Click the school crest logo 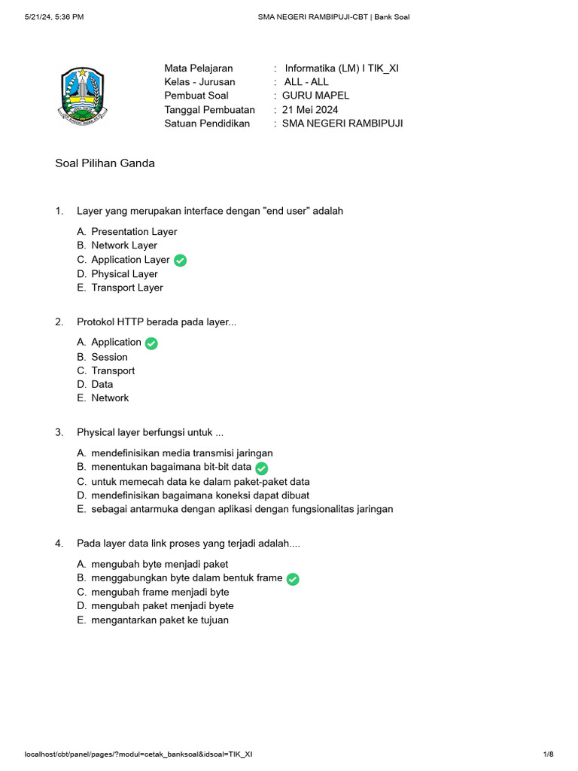coord(83,96)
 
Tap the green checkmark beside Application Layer coord(180,261)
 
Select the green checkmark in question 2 coord(151,343)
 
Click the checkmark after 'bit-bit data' coord(262,468)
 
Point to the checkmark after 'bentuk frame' coord(293,579)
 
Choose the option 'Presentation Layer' coord(134,232)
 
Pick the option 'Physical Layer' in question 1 coord(124,274)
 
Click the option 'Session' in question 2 coord(109,357)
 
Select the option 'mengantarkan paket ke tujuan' coord(160,620)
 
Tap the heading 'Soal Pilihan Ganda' coord(105,163)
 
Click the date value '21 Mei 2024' coord(310,109)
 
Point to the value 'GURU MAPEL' coord(315,96)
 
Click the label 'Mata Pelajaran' coord(199,69)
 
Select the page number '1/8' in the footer coord(548,754)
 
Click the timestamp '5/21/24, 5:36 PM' coord(54,17)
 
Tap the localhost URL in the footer coord(138,754)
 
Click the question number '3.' coord(59,432)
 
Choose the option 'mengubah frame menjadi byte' coord(160,593)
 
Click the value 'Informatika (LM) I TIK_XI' coord(342,69)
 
